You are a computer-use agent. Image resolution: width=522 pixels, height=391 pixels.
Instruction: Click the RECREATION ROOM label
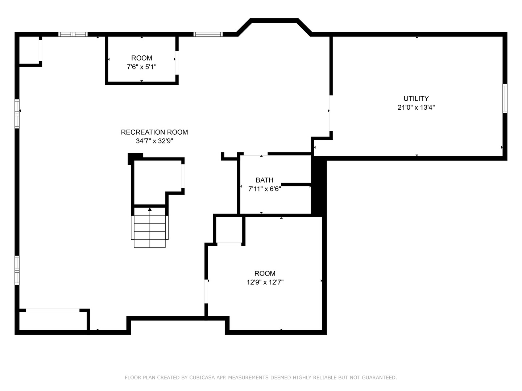point(154,132)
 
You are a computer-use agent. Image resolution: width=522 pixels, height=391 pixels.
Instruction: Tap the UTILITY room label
point(416,98)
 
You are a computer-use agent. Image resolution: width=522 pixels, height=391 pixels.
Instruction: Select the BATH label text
point(265,180)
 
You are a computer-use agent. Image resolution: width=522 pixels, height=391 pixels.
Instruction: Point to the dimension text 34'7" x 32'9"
point(154,141)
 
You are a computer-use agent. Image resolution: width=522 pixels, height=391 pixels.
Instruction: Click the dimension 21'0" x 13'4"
point(416,108)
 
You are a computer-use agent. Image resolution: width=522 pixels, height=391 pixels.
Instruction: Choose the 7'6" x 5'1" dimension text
point(142,67)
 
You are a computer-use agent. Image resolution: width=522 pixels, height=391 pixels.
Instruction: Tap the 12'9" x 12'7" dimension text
point(265,282)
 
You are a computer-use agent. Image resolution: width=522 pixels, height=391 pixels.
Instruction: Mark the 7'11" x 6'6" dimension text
point(265,189)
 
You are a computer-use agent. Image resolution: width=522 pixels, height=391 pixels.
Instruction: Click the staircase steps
point(150,231)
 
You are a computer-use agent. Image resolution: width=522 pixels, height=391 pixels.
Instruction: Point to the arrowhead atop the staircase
point(150,209)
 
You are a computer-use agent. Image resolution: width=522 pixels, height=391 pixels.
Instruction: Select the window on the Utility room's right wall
point(505,98)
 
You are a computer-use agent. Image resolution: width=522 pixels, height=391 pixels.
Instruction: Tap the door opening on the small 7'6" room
point(177,63)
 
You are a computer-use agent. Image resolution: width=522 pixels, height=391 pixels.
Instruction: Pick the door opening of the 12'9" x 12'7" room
point(206,291)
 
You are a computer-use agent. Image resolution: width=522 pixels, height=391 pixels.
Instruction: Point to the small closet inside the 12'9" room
point(229,230)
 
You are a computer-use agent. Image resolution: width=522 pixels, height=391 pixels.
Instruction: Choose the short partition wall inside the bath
point(296,185)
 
